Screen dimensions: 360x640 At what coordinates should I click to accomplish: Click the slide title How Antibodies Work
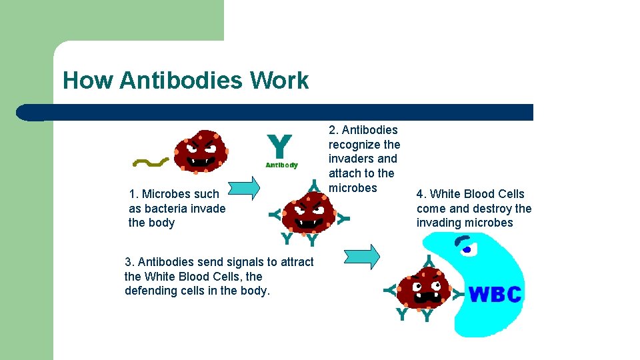pyautogui.click(x=185, y=81)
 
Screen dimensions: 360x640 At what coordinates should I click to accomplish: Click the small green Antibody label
pyautogui.click(x=281, y=165)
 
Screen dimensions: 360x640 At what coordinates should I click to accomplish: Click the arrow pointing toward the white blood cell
pyautogui.click(x=363, y=256)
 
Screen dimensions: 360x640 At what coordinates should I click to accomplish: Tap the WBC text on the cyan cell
pyautogui.click(x=495, y=294)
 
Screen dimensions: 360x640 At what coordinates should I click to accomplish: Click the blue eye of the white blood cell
pyautogui.click(x=467, y=250)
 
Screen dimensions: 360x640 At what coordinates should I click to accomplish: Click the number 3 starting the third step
pyautogui.click(x=128, y=262)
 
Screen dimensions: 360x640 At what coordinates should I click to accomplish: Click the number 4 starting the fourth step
pyautogui.click(x=420, y=194)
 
